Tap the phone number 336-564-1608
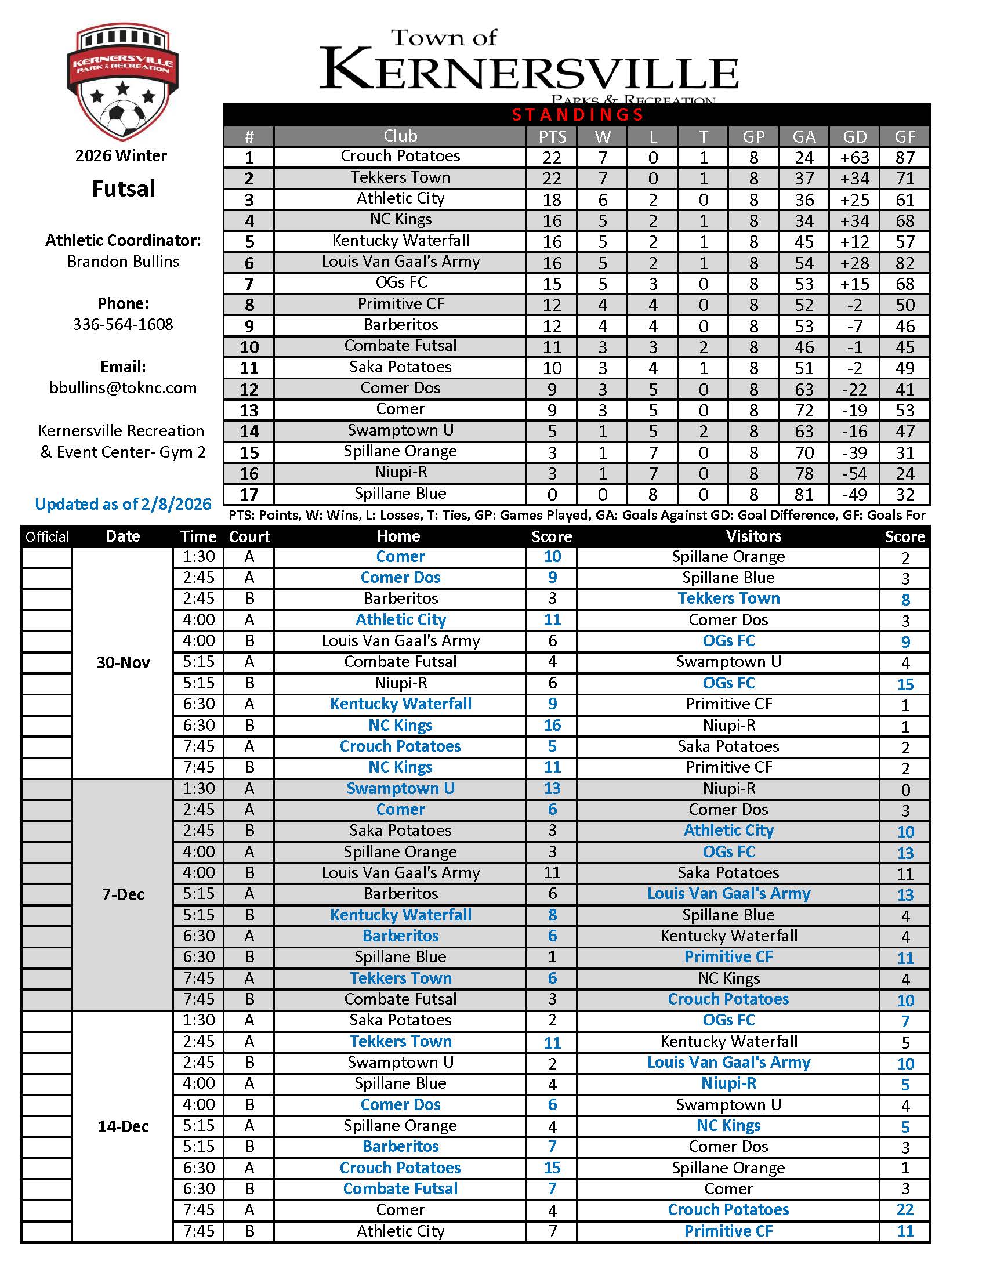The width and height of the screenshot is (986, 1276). pos(122,324)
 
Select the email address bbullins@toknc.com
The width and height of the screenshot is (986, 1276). pos(122,388)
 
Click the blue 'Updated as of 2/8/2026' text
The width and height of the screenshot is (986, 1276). pos(122,504)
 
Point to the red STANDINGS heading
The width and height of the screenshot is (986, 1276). pos(577,114)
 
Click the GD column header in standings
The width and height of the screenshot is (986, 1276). pos(854,137)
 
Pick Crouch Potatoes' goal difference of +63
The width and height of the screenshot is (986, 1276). pos(854,158)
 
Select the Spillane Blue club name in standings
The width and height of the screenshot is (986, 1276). pos(400,494)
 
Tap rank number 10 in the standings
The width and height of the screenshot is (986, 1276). pos(249,347)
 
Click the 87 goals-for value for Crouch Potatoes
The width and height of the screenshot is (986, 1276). pos(905,158)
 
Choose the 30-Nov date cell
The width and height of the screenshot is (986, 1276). pos(122,662)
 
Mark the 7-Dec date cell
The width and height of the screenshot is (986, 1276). pos(122,894)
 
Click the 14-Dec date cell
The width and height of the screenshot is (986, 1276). pos(122,1126)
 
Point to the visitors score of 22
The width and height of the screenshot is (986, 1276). pos(905,1210)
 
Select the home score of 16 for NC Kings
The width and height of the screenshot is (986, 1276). pos(552,726)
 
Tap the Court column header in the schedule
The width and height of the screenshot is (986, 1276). pos(249,537)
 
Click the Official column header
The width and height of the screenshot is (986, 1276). pos(47,537)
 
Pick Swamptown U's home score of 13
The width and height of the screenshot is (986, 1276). pos(552,789)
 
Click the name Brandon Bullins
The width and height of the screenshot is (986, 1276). pos(122,261)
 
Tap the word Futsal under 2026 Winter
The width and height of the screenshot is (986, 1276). pos(123,189)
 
